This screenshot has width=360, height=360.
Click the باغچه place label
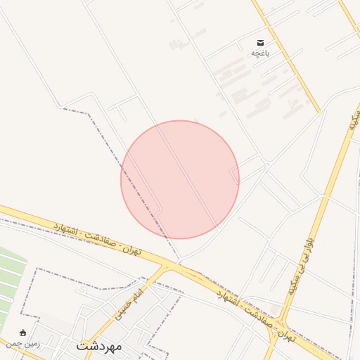coord(261,53)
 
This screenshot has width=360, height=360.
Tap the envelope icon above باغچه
coord(261,43)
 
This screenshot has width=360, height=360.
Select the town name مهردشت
coord(99,347)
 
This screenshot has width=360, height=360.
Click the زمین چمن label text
coord(23,344)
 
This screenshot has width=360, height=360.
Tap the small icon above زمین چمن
coord(23,333)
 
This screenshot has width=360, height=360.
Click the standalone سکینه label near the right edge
coord(354,120)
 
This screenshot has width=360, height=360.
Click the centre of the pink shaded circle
coord(180,179)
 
